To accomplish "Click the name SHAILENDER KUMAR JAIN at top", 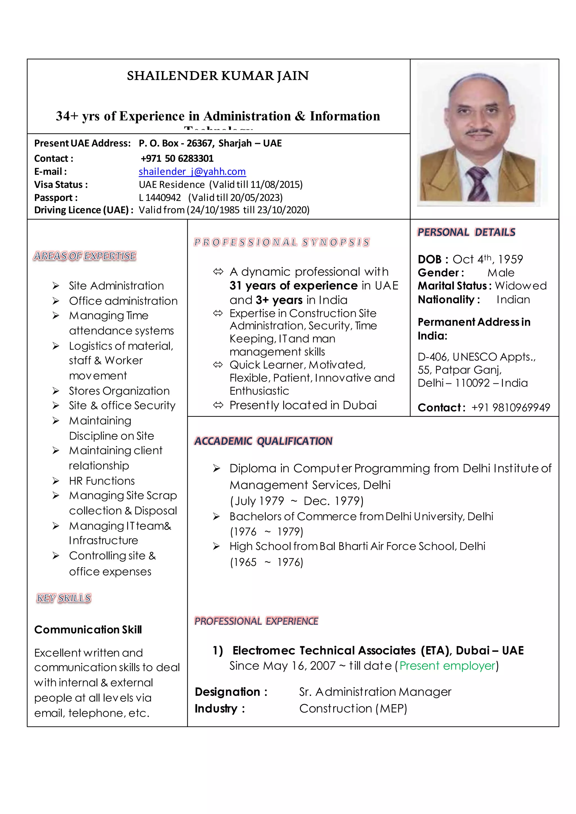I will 218,76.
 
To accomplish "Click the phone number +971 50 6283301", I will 177,159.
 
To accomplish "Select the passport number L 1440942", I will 159,198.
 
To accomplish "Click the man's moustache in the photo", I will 480,132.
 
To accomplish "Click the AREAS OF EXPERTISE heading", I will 85,256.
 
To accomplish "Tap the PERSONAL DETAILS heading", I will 466,232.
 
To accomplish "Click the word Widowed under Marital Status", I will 521,286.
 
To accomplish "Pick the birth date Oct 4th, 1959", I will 487,259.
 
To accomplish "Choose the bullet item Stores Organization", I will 119,391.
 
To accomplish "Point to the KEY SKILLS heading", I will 64,598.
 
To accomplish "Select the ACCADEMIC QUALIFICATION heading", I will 263,441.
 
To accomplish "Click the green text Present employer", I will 447,666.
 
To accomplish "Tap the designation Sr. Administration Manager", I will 375,692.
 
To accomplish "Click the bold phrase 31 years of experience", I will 293,286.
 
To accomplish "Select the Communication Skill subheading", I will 88,630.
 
